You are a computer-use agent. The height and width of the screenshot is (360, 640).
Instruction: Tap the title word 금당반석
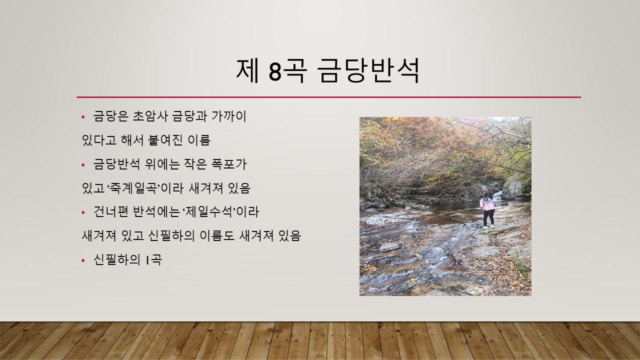369,70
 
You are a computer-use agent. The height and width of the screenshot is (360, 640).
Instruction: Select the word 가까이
229,116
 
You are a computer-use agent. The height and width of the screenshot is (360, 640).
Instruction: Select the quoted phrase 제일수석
210,212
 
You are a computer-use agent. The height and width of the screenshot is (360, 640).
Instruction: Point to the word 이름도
217,236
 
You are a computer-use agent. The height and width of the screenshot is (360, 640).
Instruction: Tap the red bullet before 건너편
83,212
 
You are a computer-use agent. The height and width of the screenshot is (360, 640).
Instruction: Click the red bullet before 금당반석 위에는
83,165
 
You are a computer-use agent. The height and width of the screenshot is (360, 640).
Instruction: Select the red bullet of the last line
83,260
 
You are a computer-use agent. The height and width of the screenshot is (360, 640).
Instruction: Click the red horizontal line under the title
329,97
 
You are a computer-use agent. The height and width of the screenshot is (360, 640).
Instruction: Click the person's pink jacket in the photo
487,204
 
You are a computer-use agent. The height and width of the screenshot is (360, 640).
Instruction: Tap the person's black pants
489,218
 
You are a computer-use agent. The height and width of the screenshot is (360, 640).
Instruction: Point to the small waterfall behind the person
497,195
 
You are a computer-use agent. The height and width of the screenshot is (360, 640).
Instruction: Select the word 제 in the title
247,70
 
